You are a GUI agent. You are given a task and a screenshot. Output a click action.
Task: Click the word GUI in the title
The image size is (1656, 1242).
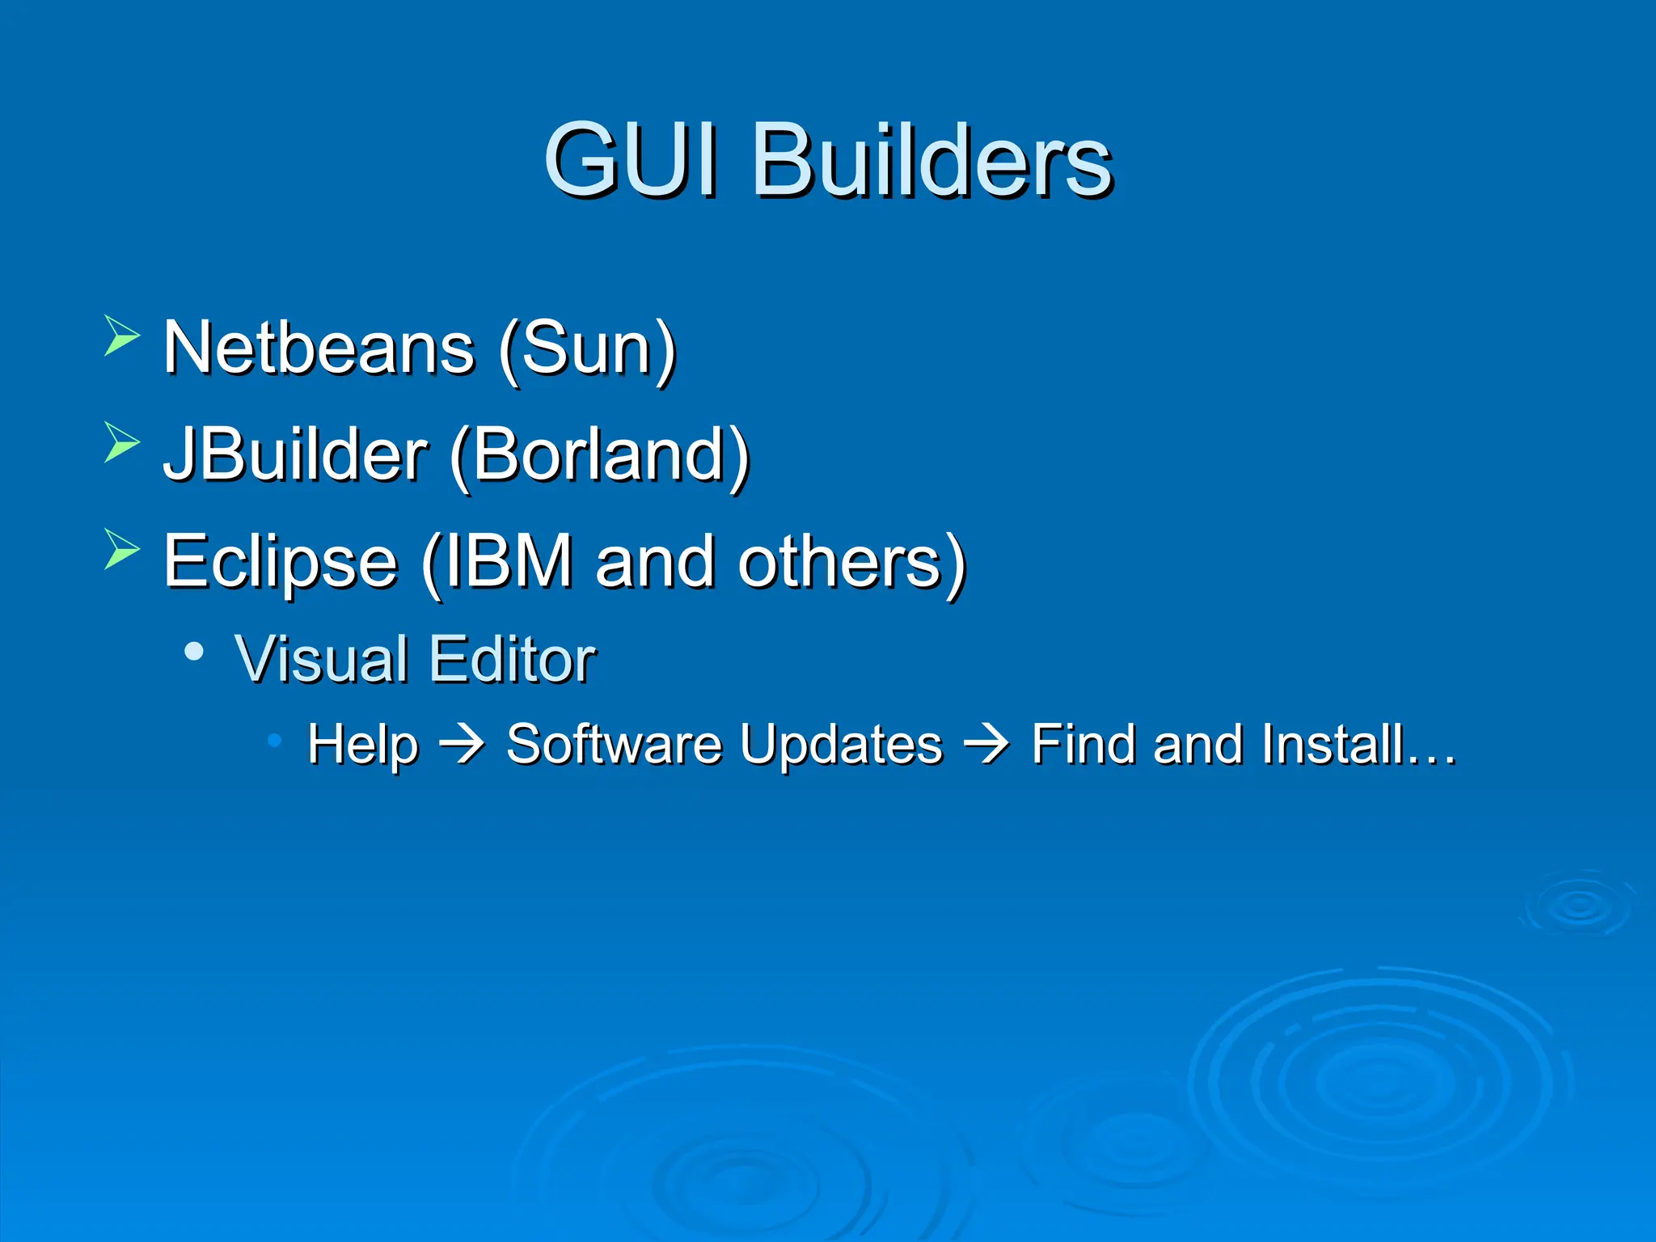(631, 159)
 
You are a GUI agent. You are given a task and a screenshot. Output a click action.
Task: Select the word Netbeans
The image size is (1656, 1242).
(319, 348)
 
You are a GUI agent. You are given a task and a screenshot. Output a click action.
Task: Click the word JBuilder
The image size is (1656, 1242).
(295, 454)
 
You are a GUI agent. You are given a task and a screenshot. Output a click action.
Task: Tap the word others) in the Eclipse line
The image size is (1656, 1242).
(851, 563)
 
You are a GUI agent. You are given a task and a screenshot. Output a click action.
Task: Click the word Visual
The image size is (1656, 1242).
(320, 659)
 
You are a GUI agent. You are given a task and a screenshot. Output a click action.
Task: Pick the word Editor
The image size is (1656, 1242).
(513, 659)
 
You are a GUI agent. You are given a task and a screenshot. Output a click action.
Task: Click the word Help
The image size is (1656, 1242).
(363, 745)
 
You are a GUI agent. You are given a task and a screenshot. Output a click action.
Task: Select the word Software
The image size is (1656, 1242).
(614, 744)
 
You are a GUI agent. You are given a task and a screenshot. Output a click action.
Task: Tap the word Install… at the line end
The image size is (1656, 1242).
(1358, 744)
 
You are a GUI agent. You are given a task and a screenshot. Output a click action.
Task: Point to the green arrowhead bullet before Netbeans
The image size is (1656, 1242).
(121, 336)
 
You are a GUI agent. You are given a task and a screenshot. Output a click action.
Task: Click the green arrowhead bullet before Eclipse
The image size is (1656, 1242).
(121, 550)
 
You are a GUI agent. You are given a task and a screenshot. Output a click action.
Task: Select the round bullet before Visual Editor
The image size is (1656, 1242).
(193, 652)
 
